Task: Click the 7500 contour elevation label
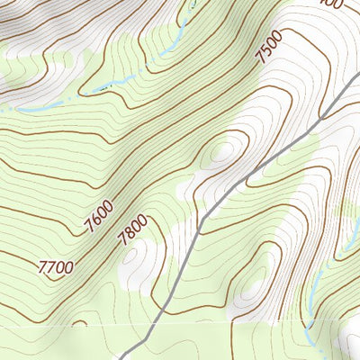pyautogui.click(x=269, y=46)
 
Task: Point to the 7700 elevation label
pyautogui.click(x=57, y=267)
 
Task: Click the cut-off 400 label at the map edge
pyautogui.click(x=331, y=4)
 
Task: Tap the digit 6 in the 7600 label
pyautogui.click(x=96, y=223)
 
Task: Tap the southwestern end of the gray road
pyautogui.click(x=120, y=357)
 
